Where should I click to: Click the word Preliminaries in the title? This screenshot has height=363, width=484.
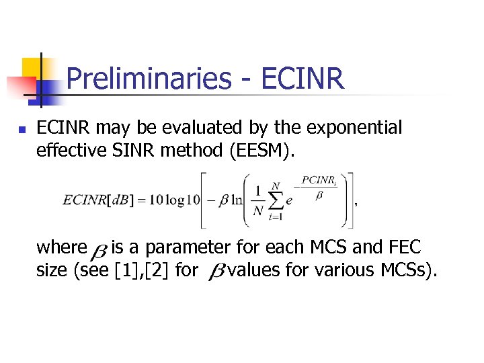coord(148,79)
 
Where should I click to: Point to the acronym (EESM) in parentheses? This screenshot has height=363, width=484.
coord(261,150)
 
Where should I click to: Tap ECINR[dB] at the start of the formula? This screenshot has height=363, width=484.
coord(94,201)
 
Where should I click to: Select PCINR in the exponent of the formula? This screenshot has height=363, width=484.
coord(317,179)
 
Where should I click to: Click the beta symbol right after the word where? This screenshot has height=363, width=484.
coord(98,250)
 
